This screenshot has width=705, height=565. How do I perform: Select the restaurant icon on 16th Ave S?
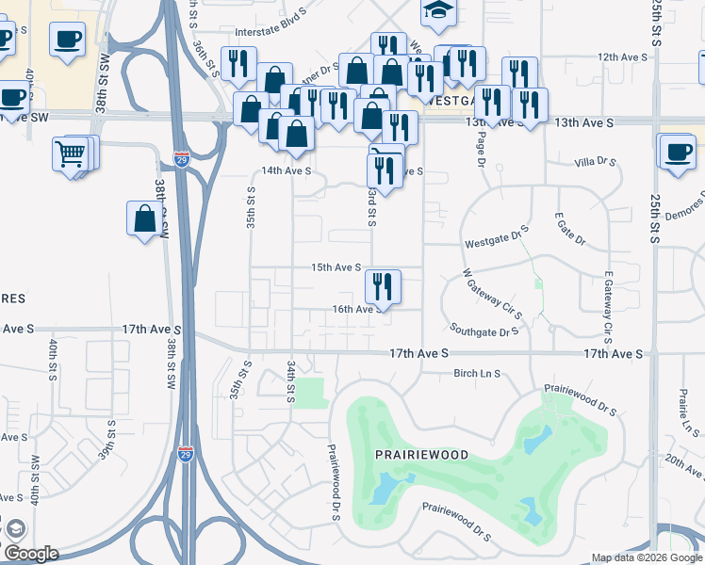pos(383,285)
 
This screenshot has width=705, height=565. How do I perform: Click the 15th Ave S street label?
pos(337,267)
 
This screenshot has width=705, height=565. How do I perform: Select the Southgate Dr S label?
pos(484,331)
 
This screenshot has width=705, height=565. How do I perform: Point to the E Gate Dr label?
pos(571,229)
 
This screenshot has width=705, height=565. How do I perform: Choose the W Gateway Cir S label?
pos(492,293)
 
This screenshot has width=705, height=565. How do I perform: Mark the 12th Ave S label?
pos(621,56)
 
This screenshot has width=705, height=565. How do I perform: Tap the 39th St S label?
pos(111,437)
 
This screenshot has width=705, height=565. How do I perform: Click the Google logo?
pos(32,554)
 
